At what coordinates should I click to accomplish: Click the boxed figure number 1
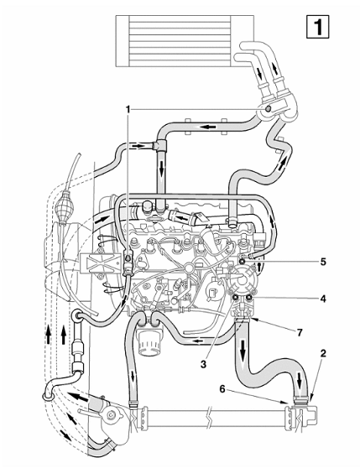pyautogui.click(x=318, y=27)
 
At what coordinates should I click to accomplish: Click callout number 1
pyautogui.click(x=128, y=110)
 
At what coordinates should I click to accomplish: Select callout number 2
pyautogui.click(x=323, y=353)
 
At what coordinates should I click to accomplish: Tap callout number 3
pyautogui.click(x=203, y=364)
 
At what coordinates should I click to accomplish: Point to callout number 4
pyautogui.click(x=323, y=299)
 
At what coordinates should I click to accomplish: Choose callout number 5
pyautogui.click(x=323, y=262)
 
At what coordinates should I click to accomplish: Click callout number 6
pyautogui.click(x=222, y=389)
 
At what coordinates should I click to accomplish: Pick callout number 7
pyautogui.click(x=299, y=332)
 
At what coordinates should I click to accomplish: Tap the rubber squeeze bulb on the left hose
pyautogui.click(x=63, y=206)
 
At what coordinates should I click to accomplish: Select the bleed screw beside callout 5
pyautogui.click(x=242, y=262)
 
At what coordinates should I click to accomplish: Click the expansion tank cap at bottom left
pyautogui.click(x=111, y=414)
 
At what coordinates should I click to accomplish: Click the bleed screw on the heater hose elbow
pyautogui.click(x=268, y=109)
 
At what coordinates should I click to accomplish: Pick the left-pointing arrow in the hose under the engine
pyautogui.click(x=199, y=341)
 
